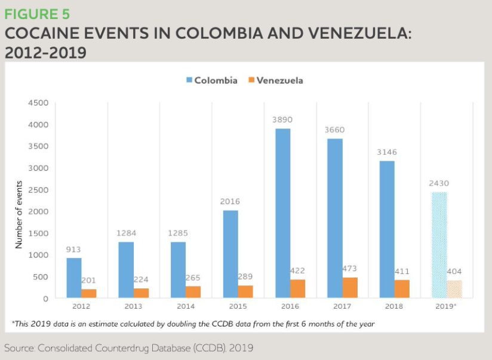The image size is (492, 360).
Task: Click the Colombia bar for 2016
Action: pos(282,213)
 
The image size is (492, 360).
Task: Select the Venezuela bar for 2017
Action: pos(350,287)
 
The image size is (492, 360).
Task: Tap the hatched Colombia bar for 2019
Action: pos(439,245)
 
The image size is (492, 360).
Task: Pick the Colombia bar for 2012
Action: pos(74,278)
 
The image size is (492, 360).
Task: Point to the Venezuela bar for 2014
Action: pos(193,291)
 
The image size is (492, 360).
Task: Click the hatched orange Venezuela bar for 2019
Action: pos(454,289)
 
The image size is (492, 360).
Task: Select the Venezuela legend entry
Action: pos(275,80)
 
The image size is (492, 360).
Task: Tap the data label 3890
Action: pos(282,120)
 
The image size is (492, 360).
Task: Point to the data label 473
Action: pos(350,269)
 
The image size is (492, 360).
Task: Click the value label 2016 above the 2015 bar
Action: pos(230,202)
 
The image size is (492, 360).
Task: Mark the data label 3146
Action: pos(386,152)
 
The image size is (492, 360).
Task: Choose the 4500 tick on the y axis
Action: pos(38,103)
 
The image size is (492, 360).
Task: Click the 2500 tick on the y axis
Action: pos(38,190)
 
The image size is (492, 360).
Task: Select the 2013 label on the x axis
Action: pos(133,306)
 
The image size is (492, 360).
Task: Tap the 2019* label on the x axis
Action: pos(447,306)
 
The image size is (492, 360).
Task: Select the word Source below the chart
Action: pos(20,347)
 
